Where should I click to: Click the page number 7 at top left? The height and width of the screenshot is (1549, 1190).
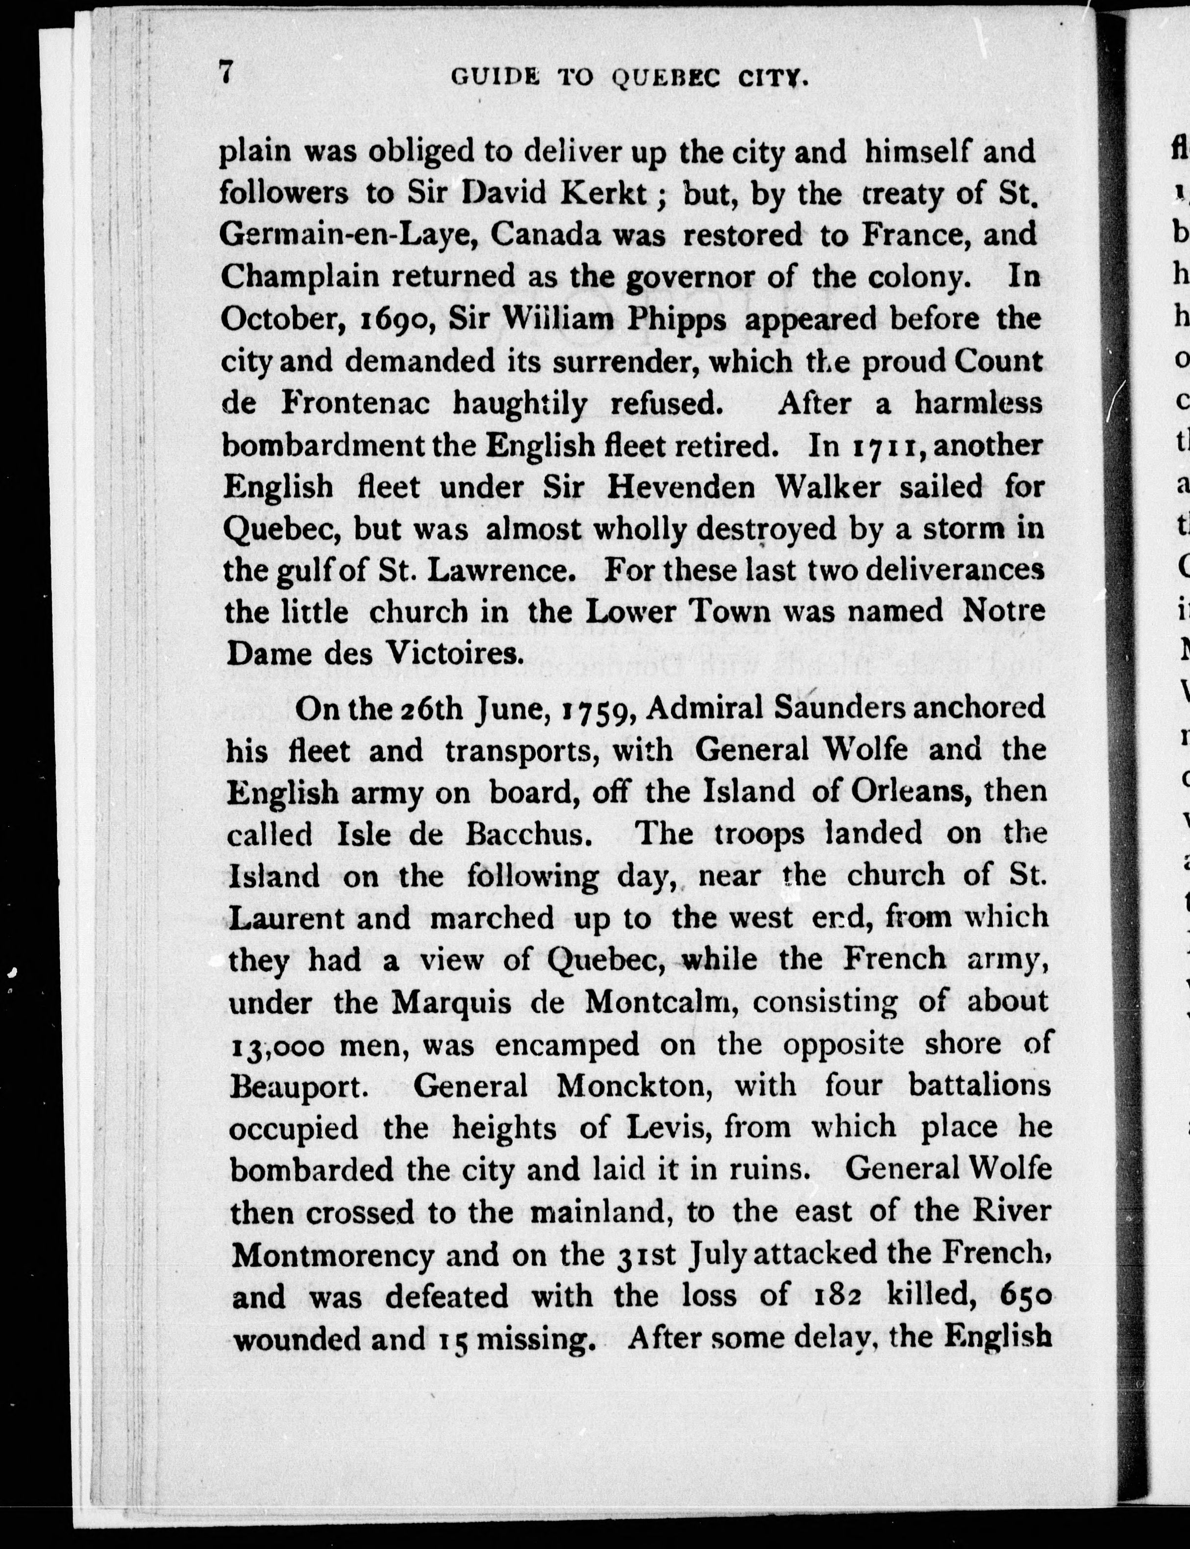coord(226,73)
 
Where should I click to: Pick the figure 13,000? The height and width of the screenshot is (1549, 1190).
coord(278,1045)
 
